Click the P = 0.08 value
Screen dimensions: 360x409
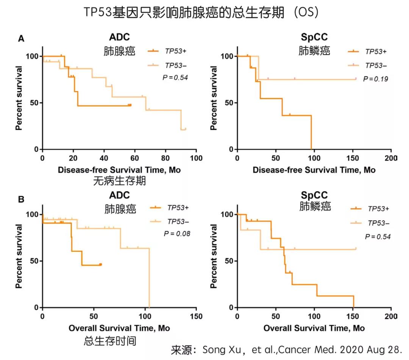pyautogui.click(x=177, y=234)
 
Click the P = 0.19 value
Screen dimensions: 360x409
pyautogui.click(x=376, y=79)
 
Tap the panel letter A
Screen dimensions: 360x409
pyautogui.click(x=22, y=38)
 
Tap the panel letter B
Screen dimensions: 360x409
pyautogui.click(x=22, y=199)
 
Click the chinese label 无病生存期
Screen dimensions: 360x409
pyautogui.click(x=119, y=182)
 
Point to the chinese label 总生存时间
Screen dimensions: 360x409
pyautogui.click(x=110, y=341)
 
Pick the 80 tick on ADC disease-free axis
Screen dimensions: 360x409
pyautogui.click(x=165, y=157)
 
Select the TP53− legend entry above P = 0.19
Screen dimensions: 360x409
pyautogui.click(x=376, y=65)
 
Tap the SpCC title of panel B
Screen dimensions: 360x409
pyautogui.click(x=314, y=196)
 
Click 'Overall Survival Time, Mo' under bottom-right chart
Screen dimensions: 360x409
pyautogui.click(x=314, y=328)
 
